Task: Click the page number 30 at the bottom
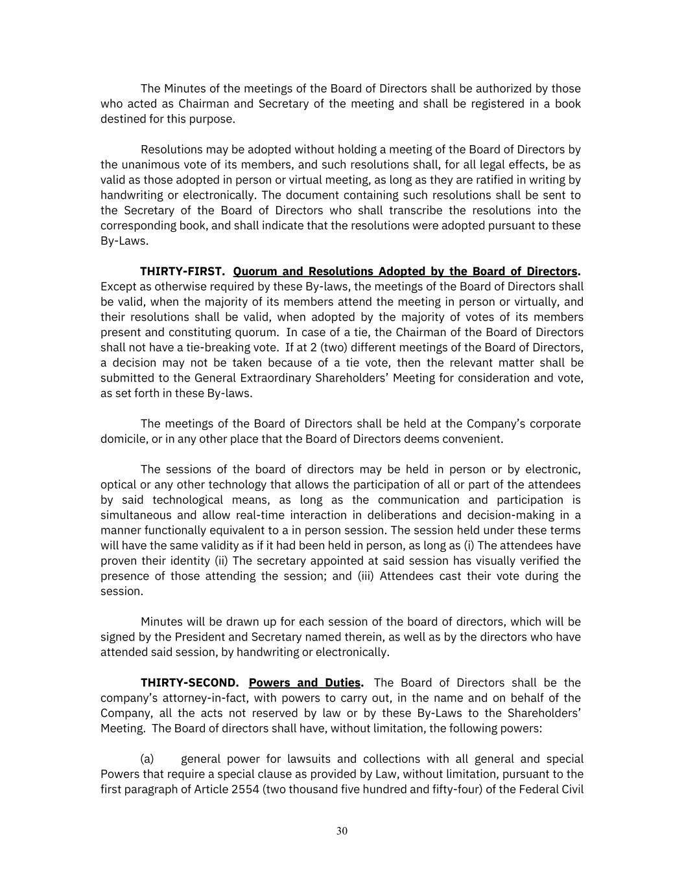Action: [x=342, y=831]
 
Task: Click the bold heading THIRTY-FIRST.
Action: [x=183, y=271]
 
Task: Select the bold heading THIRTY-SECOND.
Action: [x=190, y=683]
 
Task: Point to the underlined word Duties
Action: [x=342, y=683]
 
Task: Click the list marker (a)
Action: [x=147, y=759]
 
